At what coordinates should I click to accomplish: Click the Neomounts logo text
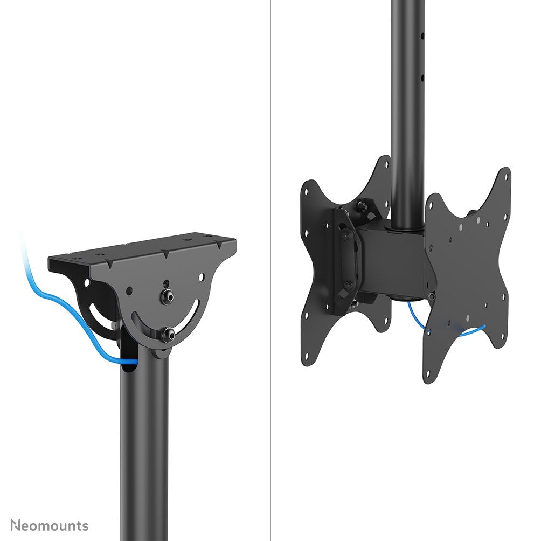50,525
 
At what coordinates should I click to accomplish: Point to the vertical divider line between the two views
270,269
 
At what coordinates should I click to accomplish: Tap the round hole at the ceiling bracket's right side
201,278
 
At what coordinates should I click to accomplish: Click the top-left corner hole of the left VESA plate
306,190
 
